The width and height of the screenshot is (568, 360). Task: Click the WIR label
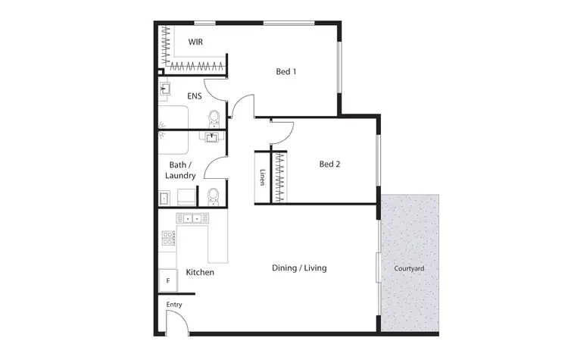click(195, 42)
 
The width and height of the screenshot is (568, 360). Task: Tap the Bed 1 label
click(286, 73)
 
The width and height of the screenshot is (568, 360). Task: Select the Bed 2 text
click(329, 164)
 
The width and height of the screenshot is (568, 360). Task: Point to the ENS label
click(195, 96)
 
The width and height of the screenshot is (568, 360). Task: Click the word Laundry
click(180, 176)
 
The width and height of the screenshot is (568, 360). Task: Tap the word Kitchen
click(200, 272)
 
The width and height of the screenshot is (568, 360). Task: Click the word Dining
click(286, 268)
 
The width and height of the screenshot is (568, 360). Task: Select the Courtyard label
click(409, 268)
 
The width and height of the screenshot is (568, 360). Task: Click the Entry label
click(174, 305)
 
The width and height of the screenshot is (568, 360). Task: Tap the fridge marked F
click(168, 280)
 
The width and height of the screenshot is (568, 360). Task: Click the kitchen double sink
click(191, 218)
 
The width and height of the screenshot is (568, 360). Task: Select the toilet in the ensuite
click(214, 118)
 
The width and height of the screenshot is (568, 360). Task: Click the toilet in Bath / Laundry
click(214, 196)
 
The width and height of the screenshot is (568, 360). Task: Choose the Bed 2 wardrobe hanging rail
click(280, 178)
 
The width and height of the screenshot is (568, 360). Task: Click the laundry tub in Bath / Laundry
click(164, 198)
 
